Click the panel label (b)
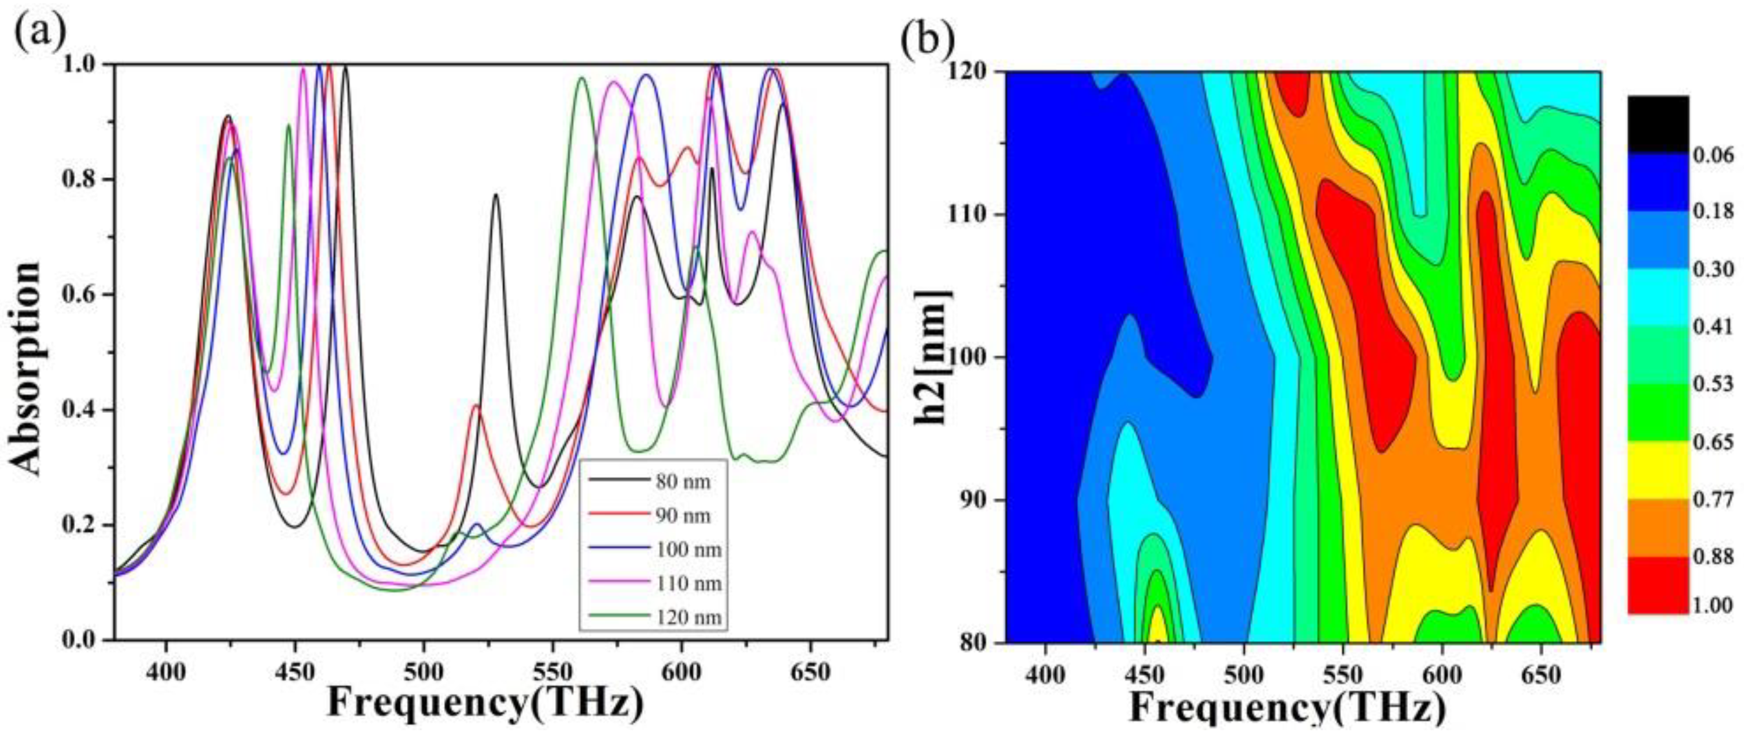tap(926, 42)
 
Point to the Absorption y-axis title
tap(27, 368)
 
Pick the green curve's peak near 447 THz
tap(288, 125)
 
